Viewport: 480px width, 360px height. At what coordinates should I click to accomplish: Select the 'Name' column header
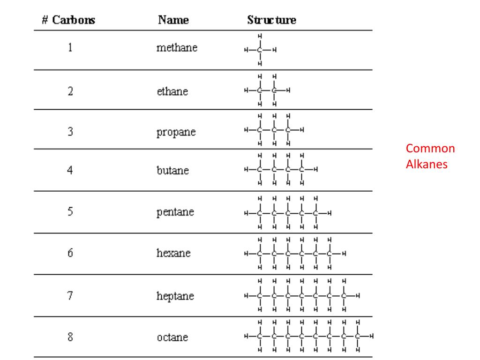pyautogui.click(x=173, y=20)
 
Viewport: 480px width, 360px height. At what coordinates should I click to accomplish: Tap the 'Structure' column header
pyautogui.click(x=271, y=20)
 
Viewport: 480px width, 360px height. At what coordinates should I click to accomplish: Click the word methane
pyautogui.click(x=177, y=48)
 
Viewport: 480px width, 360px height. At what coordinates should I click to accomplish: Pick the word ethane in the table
pyautogui.click(x=172, y=91)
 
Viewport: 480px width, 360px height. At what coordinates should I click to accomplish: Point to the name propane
pyautogui.click(x=176, y=132)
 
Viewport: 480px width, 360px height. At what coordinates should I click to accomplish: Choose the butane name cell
pyautogui.click(x=173, y=170)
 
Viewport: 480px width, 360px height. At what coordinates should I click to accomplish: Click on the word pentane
pyautogui.click(x=175, y=212)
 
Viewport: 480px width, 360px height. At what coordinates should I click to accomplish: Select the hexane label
pyautogui.click(x=173, y=253)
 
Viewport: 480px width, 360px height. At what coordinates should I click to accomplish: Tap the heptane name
pyautogui.click(x=175, y=296)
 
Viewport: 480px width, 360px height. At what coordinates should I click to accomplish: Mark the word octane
pyautogui.click(x=172, y=337)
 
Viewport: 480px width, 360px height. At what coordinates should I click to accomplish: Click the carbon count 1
pyautogui.click(x=70, y=48)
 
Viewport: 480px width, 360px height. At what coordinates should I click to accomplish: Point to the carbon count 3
pyautogui.click(x=70, y=132)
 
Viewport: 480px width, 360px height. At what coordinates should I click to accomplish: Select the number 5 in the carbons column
pyautogui.click(x=70, y=211)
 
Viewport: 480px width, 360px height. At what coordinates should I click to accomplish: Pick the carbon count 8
pyautogui.click(x=70, y=337)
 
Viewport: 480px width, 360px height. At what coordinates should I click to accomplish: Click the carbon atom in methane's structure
pyautogui.click(x=260, y=49)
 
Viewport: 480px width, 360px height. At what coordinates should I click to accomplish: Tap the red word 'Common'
pyautogui.click(x=430, y=149)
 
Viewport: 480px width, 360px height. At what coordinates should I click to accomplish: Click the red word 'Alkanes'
pyautogui.click(x=427, y=165)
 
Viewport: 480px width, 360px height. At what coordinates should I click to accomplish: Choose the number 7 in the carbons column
pyautogui.click(x=70, y=296)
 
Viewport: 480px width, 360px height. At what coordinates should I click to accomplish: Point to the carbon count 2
pyautogui.click(x=70, y=91)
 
